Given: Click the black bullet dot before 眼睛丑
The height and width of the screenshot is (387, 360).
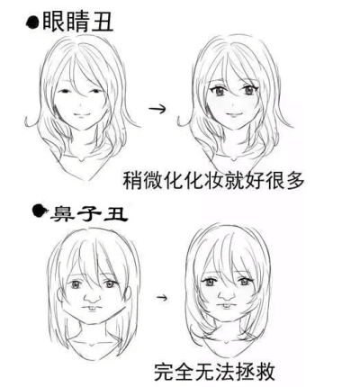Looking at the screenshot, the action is coord(32,22).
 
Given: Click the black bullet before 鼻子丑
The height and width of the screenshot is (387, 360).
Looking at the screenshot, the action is coord(40,211).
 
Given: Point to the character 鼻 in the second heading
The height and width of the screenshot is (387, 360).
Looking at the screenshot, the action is coord(61,213).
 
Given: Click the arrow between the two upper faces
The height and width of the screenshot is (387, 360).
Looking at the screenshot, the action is coord(157,109).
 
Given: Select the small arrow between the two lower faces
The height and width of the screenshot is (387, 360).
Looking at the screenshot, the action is coord(162,297).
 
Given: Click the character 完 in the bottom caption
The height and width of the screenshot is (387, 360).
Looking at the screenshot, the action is coord(165,372).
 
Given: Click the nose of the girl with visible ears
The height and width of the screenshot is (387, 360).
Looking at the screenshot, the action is coord(92,297).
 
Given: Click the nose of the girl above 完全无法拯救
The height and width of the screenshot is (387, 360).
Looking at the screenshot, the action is coord(227,294).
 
